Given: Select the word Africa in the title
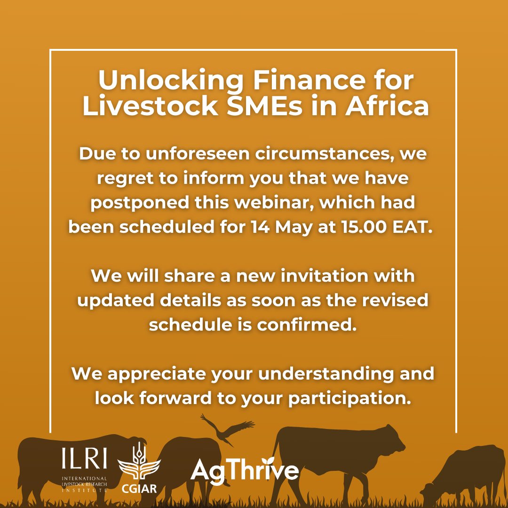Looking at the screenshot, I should [x=387, y=106].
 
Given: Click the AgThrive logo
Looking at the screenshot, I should [x=245, y=470].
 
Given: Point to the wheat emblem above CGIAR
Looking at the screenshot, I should [x=138, y=463].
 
